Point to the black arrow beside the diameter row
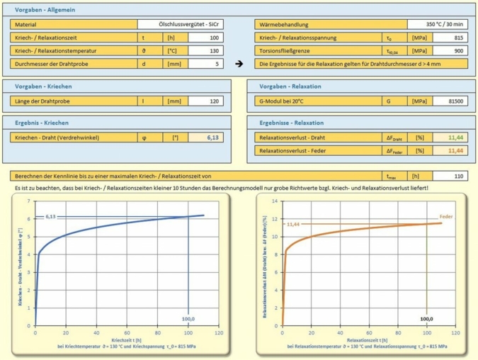[x=239, y=64]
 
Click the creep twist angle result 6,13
[x=212, y=137]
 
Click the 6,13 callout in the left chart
[x=50, y=216]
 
